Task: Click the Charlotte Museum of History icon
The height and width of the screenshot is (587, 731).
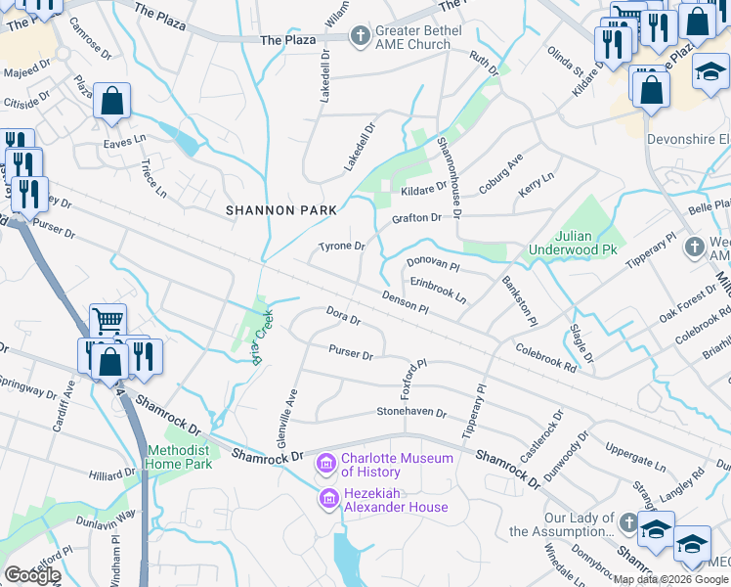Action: coord(325,461)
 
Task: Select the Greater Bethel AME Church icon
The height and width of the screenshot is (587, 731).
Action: coord(361,37)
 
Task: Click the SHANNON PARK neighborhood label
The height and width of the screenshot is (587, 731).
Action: coord(281,210)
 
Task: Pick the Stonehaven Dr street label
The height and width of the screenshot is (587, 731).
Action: coord(411,413)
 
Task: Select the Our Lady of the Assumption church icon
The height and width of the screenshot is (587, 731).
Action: coord(626,522)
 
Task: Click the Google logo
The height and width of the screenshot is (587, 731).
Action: coord(32,575)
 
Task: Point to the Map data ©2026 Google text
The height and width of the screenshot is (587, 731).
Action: coord(670,579)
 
